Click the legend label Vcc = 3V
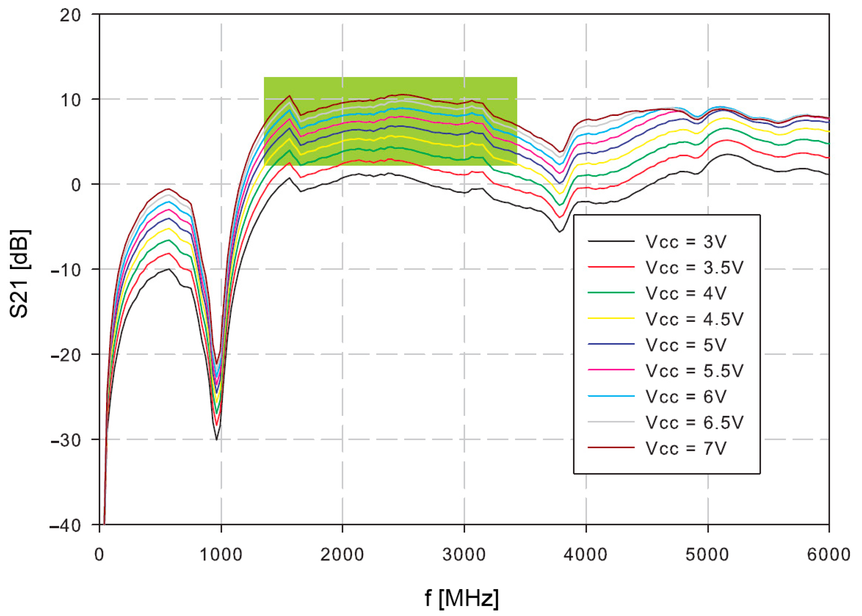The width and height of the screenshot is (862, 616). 686,242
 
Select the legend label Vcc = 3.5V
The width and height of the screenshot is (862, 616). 694,267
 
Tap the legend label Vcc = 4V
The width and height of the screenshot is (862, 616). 686,293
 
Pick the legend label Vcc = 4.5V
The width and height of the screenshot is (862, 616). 694,319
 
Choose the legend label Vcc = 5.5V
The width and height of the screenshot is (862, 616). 694,371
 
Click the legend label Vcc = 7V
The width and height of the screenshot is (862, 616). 686,448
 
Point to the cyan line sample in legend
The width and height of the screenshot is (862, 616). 611,396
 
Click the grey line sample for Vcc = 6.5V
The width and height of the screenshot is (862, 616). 611,422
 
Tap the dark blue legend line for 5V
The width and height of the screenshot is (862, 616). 611,344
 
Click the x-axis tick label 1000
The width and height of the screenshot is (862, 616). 221,555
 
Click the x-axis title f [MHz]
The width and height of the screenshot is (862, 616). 461,598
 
